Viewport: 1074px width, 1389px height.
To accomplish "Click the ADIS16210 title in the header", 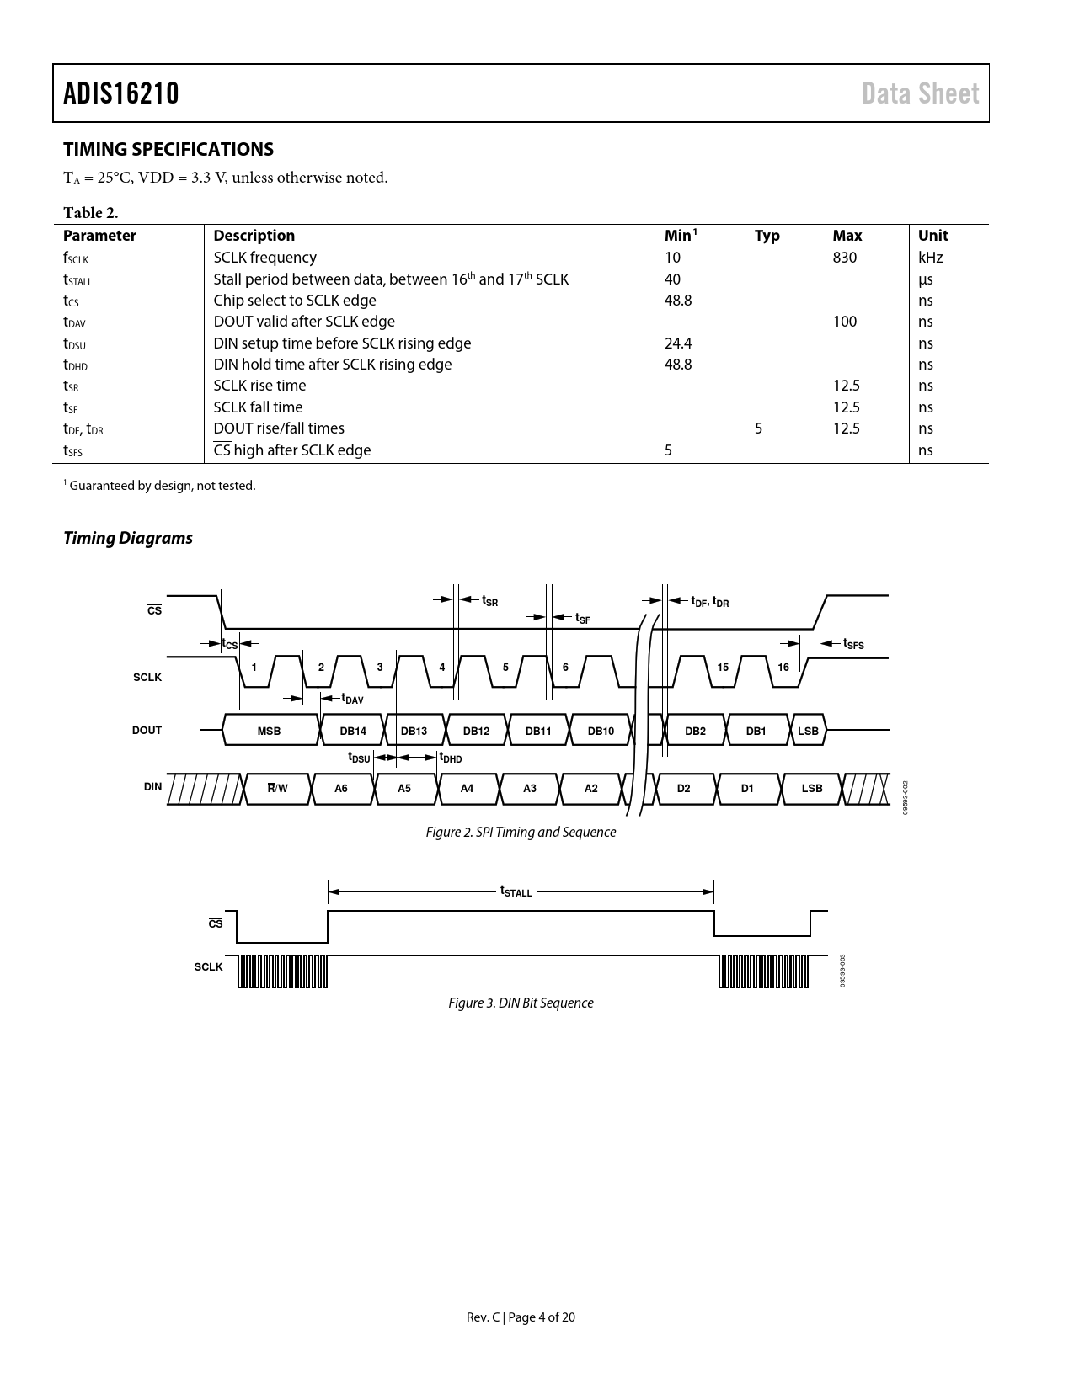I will click(121, 93).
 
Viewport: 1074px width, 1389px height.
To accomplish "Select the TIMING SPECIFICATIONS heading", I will click(168, 150).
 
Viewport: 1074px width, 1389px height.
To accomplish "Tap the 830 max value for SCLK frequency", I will click(844, 258).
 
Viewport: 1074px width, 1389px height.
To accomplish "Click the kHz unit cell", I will click(930, 258).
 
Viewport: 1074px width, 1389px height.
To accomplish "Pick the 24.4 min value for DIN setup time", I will click(678, 343).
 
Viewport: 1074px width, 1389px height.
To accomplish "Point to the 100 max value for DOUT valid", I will click(844, 322).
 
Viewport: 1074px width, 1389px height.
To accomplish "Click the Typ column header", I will click(767, 236).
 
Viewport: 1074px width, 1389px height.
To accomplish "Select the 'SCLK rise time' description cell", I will click(259, 386).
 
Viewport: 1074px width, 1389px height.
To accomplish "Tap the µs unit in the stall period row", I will click(925, 279).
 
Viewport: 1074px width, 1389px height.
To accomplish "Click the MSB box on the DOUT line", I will click(270, 731).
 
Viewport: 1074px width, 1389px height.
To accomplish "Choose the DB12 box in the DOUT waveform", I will click(476, 731).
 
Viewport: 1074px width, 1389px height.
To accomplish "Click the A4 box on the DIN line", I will click(467, 789).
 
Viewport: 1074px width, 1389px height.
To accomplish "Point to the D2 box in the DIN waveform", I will click(683, 789).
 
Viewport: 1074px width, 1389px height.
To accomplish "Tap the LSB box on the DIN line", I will click(812, 789).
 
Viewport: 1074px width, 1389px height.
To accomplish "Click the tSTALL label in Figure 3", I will click(516, 891).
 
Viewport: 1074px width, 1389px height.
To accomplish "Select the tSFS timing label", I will click(853, 644).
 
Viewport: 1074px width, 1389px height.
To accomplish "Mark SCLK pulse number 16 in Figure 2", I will click(783, 668).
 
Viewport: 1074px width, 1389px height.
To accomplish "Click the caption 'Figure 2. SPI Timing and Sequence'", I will click(521, 832).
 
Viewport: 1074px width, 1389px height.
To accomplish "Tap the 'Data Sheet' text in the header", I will click(920, 93).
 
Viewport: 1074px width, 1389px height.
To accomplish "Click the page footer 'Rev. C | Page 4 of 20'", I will click(521, 1317).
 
